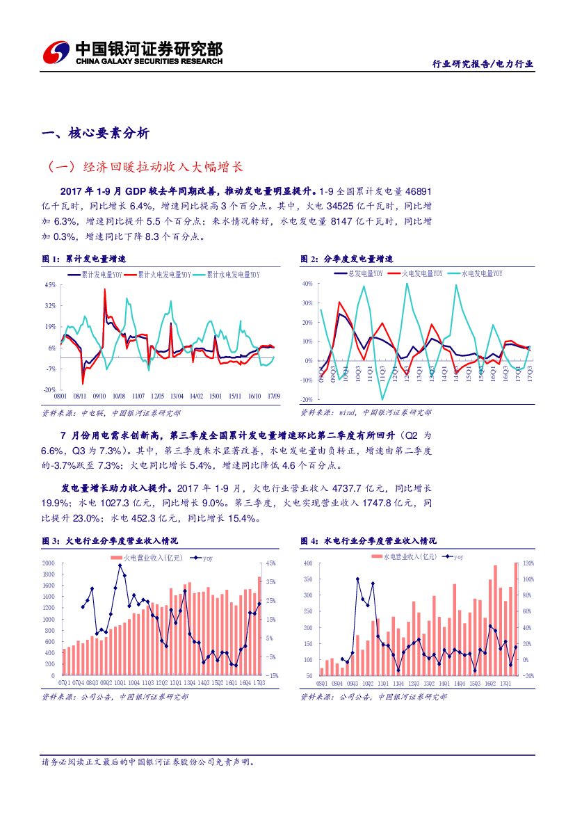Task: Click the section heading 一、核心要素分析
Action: click(95, 134)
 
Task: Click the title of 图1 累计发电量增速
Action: click(84, 259)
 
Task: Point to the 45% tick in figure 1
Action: click(50, 284)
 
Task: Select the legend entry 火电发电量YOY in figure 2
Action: click(419, 273)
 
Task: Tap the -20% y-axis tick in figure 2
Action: click(307, 400)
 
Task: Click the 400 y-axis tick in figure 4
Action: click(308, 563)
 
